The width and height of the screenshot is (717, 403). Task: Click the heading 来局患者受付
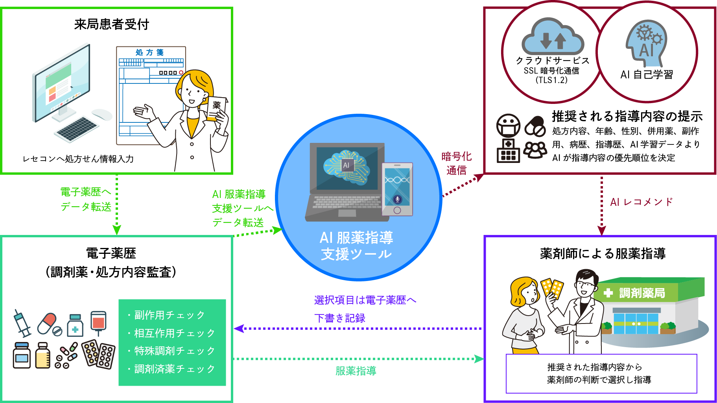pyautogui.click(x=111, y=24)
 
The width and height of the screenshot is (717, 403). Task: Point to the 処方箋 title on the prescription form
pyautogui.click(x=149, y=52)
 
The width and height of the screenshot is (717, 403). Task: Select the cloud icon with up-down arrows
pyautogui.click(x=552, y=37)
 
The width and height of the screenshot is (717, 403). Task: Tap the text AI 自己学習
pyautogui.click(x=647, y=74)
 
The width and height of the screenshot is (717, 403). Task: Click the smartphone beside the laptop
pyautogui.click(x=397, y=189)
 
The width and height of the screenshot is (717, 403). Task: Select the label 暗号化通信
pyautogui.click(x=456, y=163)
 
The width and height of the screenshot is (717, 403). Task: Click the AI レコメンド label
pyautogui.click(x=641, y=202)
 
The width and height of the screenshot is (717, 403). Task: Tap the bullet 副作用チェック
pyautogui.click(x=169, y=315)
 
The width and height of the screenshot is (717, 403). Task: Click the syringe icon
pyautogui.click(x=22, y=323)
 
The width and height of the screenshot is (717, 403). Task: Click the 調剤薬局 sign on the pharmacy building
pyautogui.click(x=641, y=293)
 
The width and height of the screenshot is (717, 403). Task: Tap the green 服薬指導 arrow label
pyautogui.click(x=356, y=371)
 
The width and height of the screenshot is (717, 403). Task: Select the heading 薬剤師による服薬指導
pyautogui.click(x=603, y=253)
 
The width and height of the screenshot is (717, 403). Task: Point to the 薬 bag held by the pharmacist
pyautogui.click(x=216, y=106)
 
